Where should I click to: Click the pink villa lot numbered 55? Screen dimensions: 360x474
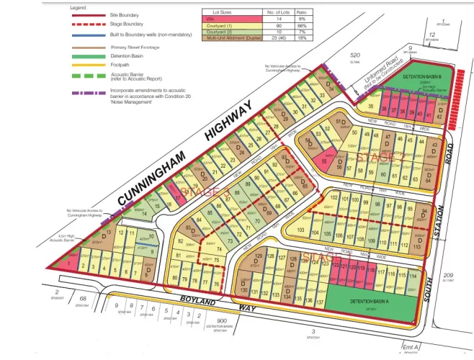[325, 162]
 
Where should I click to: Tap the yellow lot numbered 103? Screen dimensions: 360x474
[300, 230]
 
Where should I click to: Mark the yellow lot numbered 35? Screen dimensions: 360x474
[370, 106]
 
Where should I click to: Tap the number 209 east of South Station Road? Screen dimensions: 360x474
[449, 276]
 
